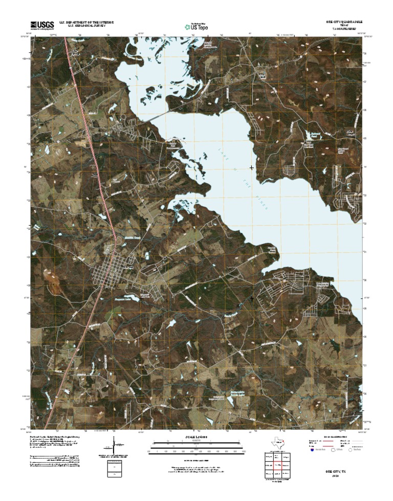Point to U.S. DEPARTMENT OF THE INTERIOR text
86,23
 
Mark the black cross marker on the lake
252,168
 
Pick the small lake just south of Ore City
132,296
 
